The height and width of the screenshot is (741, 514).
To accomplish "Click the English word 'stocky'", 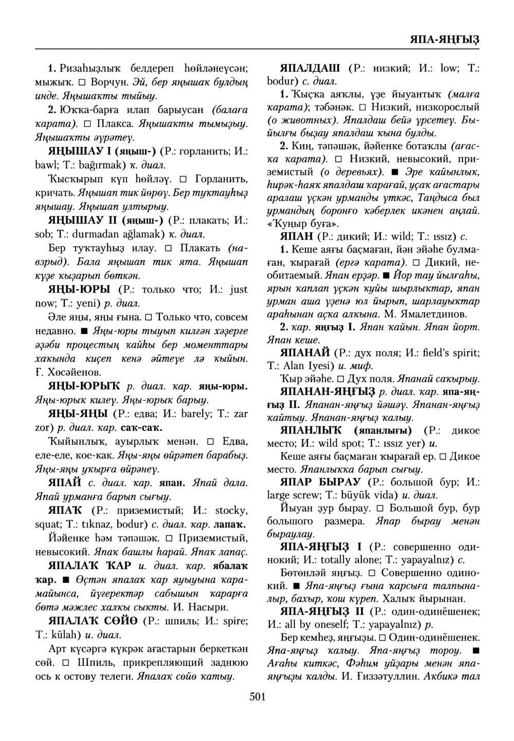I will (x=231, y=511).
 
